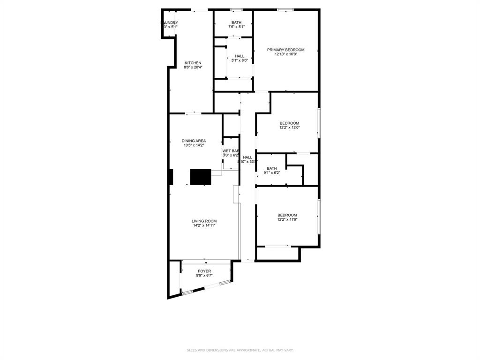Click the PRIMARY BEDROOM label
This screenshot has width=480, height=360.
pos(285,50)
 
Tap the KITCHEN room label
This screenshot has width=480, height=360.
pos(193,63)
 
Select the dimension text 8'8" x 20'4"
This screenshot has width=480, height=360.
pos(193,67)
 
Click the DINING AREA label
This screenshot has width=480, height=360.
pos(194,141)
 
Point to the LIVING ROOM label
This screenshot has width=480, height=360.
pos(204,221)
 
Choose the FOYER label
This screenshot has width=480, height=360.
pos(204,271)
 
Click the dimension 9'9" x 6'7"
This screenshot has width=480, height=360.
pos(204,276)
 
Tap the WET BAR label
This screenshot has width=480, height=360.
pos(231,151)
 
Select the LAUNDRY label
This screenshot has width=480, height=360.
pos(170,22)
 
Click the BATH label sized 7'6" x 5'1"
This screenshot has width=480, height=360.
pos(236,22)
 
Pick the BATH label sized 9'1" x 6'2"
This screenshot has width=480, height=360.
pos(272,168)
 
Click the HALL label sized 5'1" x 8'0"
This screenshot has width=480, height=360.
pos(240,56)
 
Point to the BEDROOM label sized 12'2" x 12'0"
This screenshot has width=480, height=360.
pos(289,123)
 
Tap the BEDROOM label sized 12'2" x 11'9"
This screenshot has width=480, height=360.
pos(287,215)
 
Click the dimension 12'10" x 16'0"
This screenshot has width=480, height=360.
pos(285,54)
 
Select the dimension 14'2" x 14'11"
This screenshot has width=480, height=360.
pos(204,226)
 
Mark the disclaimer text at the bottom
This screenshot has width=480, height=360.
pos(240,350)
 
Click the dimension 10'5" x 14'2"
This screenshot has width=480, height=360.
pos(194,145)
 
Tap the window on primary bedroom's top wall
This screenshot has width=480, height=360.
pos(285,9)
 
